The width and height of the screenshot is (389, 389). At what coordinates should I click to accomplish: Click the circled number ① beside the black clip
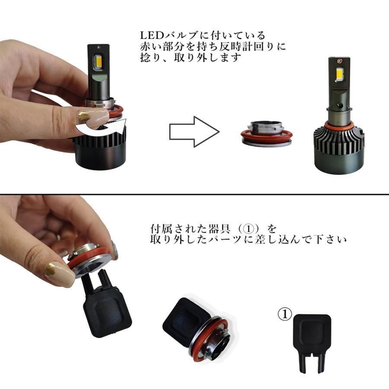(x=285, y=314)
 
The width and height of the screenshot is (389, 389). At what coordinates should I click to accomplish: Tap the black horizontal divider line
(x=194, y=194)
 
